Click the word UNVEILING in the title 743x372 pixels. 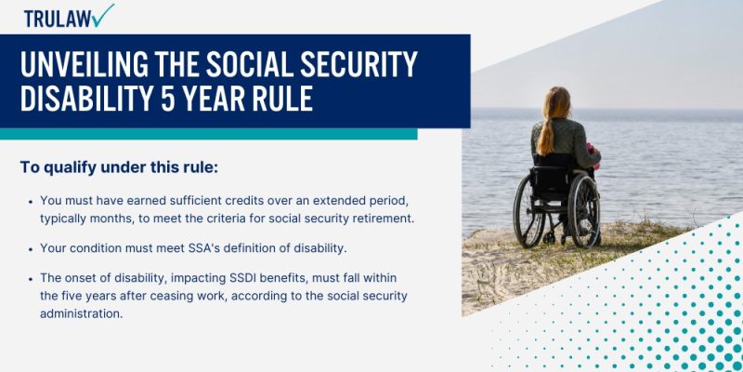(92, 65)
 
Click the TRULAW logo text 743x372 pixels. (58, 18)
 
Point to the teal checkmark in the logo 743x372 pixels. (104, 15)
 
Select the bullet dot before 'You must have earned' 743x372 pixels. (31, 201)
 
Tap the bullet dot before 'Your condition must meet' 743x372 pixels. (31, 248)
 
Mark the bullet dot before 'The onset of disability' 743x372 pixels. (31, 279)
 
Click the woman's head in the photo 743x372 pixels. (555, 100)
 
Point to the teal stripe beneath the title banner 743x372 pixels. (208, 134)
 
